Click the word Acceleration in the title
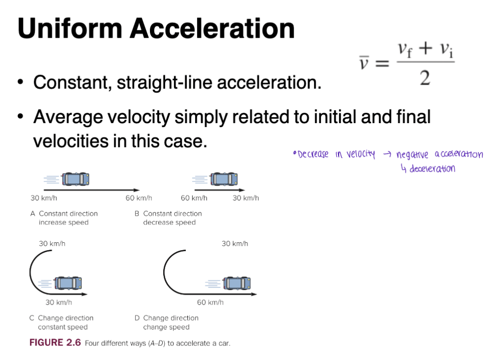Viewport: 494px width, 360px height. tap(212, 29)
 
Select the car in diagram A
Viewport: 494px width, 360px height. tap(75, 180)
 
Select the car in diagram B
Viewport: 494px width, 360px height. tap(224, 180)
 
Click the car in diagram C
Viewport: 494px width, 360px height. tap(68, 283)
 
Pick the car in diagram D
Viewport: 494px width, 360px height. tap(237, 283)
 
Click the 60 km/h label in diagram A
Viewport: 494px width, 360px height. tap(139, 198)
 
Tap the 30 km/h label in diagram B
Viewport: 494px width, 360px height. tap(246, 198)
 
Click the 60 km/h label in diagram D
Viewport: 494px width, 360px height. tap(210, 302)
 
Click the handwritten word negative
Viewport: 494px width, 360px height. tap(412, 155)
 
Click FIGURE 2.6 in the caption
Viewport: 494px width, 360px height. tap(55, 343)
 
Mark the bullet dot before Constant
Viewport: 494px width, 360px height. tap(21, 82)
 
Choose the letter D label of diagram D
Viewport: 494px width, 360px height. tap(137, 318)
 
